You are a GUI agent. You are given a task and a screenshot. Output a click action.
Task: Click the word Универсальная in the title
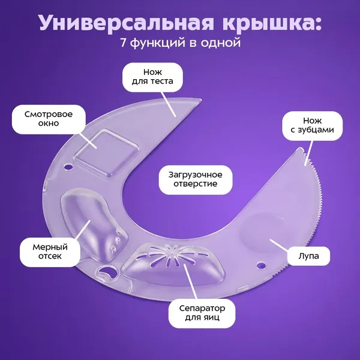(126, 23)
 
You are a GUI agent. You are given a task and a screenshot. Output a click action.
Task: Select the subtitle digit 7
(123, 43)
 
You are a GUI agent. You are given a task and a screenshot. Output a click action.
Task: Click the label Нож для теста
(152, 77)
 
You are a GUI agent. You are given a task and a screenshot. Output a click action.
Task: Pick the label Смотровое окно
(49, 119)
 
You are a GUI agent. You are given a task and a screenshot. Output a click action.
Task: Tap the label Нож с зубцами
(312, 125)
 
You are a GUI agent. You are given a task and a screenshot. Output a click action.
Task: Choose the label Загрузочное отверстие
(196, 179)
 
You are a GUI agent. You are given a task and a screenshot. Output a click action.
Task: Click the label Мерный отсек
(50, 252)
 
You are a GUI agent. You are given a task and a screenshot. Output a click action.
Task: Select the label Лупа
(308, 256)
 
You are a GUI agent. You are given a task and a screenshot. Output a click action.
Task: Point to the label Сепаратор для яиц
(202, 313)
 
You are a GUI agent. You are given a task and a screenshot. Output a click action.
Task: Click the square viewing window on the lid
(107, 152)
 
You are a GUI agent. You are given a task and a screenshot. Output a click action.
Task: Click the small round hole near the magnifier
(261, 265)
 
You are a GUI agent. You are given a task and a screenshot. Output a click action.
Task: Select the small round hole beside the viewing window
(68, 166)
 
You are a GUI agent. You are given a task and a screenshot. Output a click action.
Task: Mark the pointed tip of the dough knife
(201, 100)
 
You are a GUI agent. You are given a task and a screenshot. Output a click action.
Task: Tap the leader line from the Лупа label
(279, 245)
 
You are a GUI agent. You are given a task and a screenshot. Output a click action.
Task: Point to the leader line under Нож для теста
(168, 104)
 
